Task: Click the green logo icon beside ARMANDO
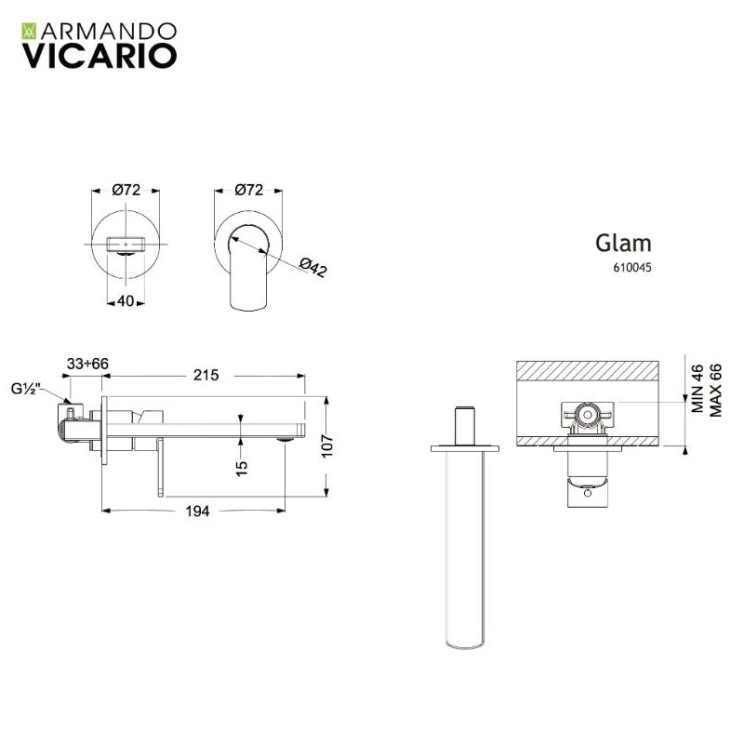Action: point(30,31)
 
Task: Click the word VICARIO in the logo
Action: point(100,56)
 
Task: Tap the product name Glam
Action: point(623,244)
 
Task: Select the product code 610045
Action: point(632,268)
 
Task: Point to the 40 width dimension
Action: point(126,300)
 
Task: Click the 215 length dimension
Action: point(206,376)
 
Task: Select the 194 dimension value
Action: point(197,511)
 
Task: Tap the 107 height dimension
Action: point(328,445)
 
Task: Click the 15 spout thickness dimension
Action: point(242,468)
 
